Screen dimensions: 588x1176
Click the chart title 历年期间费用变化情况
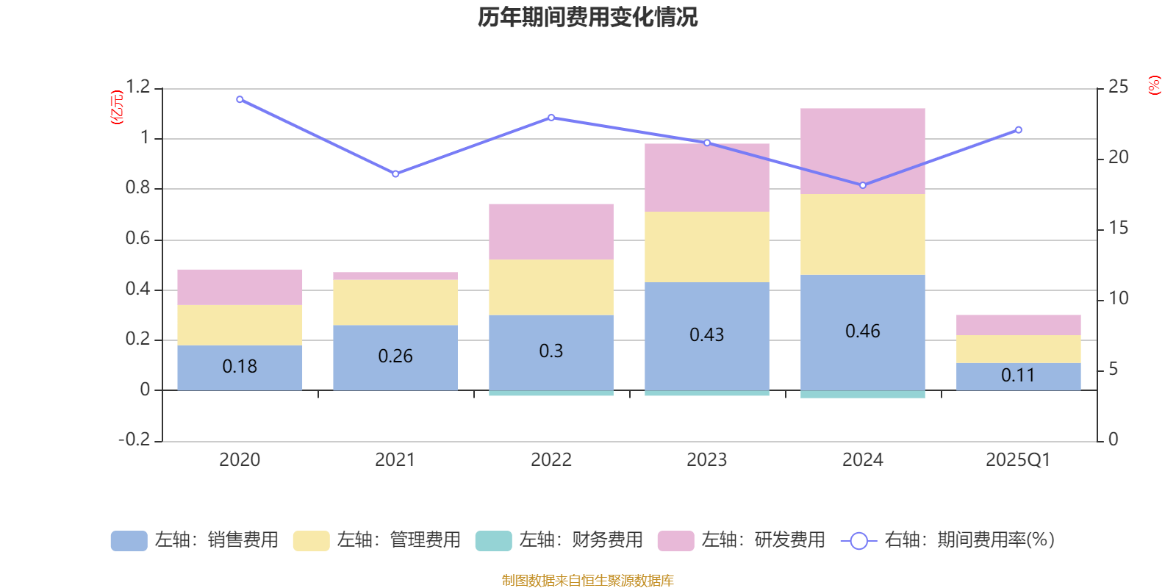click(x=587, y=17)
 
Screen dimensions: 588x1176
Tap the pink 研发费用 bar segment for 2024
click(x=862, y=151)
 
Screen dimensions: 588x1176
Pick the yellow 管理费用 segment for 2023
click(x=706, y=247)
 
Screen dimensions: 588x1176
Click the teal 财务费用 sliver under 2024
click(x=862, y=395)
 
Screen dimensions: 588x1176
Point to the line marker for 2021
click(x=395, y=174)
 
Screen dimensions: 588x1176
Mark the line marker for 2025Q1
click(x=1018, y=130)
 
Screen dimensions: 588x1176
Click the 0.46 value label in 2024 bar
click(x=862, y=331)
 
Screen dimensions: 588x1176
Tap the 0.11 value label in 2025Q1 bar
click(x=1018, y=376)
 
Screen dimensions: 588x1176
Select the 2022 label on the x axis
click(x=551, y=460)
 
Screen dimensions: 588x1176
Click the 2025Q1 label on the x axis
click(x=1018, y=460)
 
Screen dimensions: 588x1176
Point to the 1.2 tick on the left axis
click(x=137, y=87)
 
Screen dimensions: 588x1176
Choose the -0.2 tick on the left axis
click(x=135, y=440)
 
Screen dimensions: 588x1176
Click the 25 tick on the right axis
click(x=1118, y=87)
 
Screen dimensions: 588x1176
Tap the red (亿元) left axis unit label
click(x=117, y=107)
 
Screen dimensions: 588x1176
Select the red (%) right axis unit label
click(x=1155, y=85)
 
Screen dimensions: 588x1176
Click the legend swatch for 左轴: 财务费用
click(x=493, y=541)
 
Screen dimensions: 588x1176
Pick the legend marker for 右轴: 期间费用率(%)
click(x=858, y=541)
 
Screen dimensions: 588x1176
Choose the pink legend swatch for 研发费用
click(x=675, y=541)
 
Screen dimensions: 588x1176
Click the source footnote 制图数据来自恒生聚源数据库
click(x=587, y=581)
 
